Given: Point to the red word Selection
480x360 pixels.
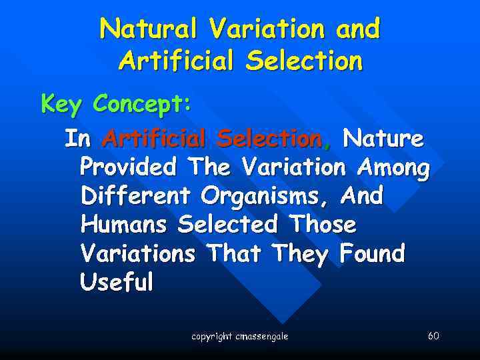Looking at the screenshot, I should pos(270,139).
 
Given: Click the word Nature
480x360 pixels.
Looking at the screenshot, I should pos(383,139).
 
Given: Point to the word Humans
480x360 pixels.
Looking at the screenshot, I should pos(125,225).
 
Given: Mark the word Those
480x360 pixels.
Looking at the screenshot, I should pos(323,225).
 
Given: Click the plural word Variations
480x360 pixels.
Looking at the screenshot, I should pos(138,253).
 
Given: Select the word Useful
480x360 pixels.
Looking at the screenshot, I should pos(116,282).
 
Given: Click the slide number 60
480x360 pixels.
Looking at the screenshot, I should pos(433,335).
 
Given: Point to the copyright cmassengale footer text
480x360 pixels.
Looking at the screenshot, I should pos(240,337).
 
